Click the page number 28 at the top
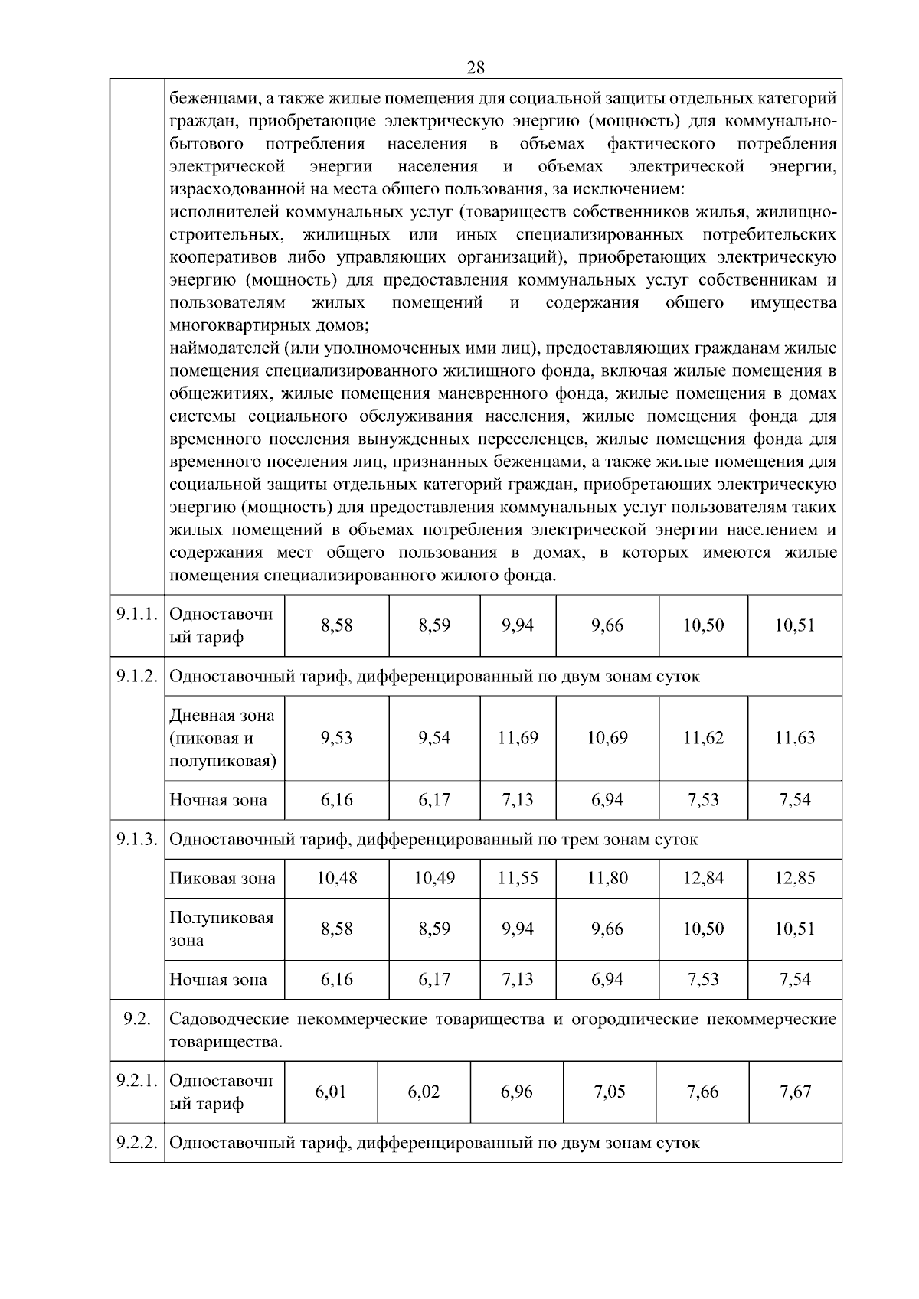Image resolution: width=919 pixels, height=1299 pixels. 475,68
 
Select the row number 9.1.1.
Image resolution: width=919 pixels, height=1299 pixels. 137,614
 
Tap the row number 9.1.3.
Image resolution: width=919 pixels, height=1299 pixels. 137,839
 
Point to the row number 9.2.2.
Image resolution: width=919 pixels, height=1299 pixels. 137,1143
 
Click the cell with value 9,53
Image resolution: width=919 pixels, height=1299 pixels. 337,738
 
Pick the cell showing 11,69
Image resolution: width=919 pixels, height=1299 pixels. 518,738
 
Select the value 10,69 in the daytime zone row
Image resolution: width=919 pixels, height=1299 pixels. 607,738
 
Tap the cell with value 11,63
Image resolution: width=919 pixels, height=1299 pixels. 795,738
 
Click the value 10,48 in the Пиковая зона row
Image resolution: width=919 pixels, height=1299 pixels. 337,878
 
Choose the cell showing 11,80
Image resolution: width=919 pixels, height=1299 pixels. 607,878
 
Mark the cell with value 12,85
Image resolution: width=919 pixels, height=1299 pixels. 795,878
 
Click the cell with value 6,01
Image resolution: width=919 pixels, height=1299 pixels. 331,1092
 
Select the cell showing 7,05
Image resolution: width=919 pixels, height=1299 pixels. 610,1092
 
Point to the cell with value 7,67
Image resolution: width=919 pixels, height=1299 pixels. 795,1092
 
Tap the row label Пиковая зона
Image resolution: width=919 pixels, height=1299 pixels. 222,878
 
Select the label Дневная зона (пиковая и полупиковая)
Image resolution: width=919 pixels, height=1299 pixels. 222,738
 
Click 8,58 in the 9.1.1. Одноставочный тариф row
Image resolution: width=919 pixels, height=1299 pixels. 337,625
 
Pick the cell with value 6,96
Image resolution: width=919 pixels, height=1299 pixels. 517,1092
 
